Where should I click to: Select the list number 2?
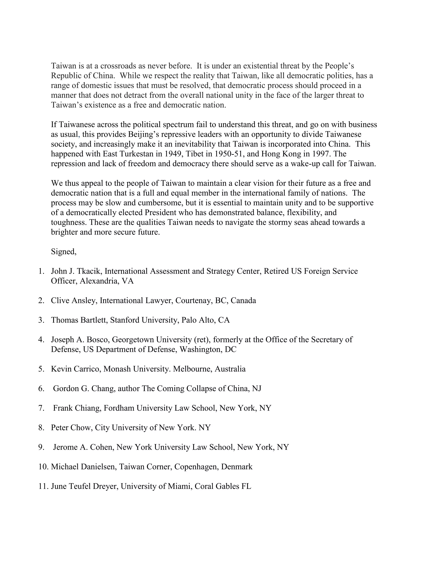point(41,301)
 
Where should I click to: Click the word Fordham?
point(119,408)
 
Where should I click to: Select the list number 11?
point(43,486)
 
